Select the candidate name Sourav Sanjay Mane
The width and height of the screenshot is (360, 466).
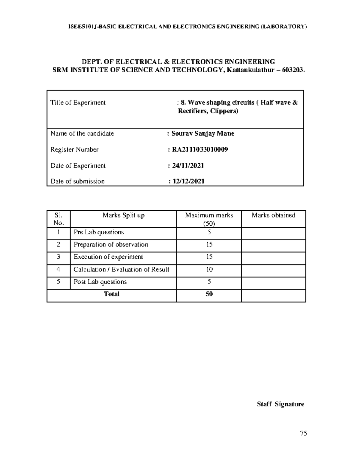point(203,134)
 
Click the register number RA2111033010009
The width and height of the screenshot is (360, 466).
point(200,149)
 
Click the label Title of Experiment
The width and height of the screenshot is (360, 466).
point(78,103)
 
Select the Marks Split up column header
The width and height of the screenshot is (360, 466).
point(123,215)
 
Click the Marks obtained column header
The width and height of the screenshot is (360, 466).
point(273,215)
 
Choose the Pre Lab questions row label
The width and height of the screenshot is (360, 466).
point(99,232)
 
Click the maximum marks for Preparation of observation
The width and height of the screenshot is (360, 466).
point(209,245)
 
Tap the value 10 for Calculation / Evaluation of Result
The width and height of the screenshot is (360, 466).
point(209,269)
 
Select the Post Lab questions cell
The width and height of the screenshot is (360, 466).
point(100,282)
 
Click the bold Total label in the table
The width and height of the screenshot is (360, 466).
point(112,294)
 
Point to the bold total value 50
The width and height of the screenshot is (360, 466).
point(209,294)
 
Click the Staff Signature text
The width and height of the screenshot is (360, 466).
point(280,404)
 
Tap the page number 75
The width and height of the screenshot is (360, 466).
point(303,433)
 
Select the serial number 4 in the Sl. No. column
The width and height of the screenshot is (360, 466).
point(58,269)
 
